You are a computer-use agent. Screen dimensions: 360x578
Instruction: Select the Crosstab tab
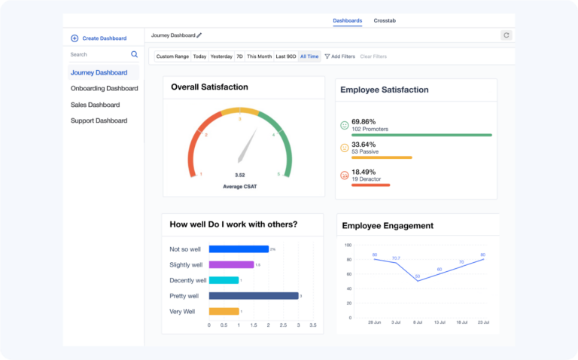click(385, 20)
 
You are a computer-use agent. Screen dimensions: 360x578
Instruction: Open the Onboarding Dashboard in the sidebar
click(104, 89)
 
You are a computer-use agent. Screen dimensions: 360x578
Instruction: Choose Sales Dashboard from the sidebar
click(95, 105)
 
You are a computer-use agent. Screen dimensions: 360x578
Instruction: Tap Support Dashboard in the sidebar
click(99, 121)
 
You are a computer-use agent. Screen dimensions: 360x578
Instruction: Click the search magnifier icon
click(135, 54)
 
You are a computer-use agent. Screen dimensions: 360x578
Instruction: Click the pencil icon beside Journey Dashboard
click(199, 35)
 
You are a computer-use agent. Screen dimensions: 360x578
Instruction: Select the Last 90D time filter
click(285, 56)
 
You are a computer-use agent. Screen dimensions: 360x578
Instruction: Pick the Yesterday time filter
click(221, 56)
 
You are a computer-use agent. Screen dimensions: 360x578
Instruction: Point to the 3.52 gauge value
click(239, 175)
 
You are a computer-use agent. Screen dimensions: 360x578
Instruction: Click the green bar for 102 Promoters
click(421, 135)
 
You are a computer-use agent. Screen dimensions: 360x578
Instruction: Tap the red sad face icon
click(345, 175)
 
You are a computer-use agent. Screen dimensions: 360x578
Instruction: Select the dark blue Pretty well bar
click(253, 296)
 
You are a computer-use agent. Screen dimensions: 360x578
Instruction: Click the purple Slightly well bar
click(231, 264)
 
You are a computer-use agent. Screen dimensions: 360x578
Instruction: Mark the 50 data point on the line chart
click(418, 281)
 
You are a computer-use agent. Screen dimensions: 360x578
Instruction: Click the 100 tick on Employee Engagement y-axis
click(348, 245)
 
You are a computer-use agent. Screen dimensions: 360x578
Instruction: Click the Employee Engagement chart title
click(388, 225)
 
